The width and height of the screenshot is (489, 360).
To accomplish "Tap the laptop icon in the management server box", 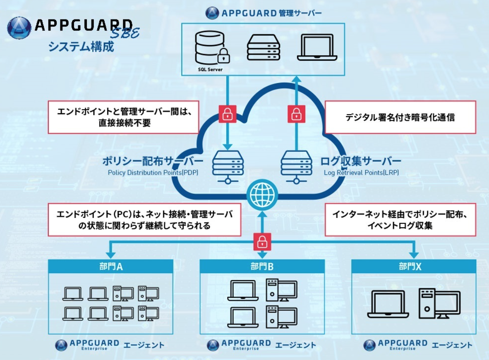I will point(317,48).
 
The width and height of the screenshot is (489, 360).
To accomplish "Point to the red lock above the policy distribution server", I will point(227,114).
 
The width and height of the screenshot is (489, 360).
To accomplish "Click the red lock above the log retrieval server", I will point(296,114).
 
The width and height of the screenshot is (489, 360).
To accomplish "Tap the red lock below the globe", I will point(261,241).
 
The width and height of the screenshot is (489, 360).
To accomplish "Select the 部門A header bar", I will point(110,267).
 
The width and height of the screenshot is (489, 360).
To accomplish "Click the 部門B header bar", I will point(261,267).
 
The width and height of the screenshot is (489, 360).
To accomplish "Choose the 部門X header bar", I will point(413,267).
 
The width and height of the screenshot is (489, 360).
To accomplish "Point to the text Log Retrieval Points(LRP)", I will point(361,173).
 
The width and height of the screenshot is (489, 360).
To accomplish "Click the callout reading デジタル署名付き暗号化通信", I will point(400,117).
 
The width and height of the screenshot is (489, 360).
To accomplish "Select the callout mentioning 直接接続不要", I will point(123,117).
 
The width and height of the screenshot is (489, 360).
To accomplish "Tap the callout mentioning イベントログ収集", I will point(400,220).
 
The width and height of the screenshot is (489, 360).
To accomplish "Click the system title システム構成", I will point(81,46).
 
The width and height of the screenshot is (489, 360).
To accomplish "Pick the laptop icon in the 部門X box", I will point(388,304).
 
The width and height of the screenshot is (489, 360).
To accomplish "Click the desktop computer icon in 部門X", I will point(439,303).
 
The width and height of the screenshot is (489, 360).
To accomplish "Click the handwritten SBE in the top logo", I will point(126,32).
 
